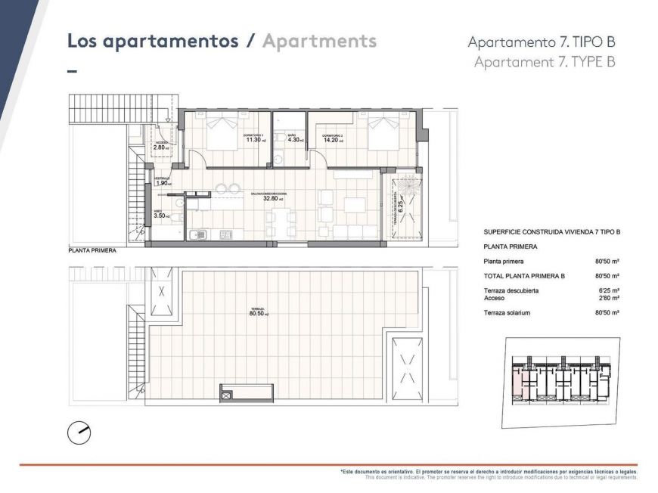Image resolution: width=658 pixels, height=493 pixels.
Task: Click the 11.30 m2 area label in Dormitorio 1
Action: (253, 140)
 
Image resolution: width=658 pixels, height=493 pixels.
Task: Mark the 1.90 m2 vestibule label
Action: (162, 183)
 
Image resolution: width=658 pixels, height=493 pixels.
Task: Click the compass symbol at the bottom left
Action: (79, 433)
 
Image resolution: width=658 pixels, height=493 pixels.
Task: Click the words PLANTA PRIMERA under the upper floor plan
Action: (92, 250)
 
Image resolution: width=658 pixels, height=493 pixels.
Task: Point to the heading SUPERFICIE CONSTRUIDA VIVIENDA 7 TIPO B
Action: (551, 232)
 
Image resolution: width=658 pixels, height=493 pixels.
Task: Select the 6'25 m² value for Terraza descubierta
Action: (607, 291)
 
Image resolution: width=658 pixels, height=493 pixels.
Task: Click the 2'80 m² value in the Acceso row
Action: (607, 298)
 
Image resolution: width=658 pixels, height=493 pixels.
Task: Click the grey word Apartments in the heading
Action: (319, 41)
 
